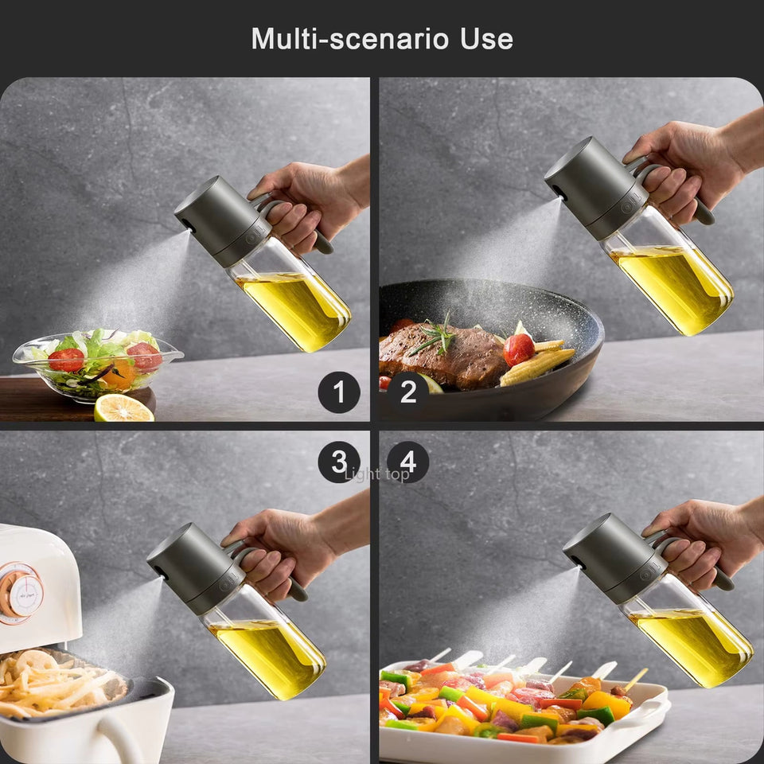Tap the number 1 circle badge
(339, 392)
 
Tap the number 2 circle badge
(407, 392)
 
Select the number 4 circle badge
(407, 462)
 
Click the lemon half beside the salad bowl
(123, 408)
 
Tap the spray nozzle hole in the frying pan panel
(554, 191)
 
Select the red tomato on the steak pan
(518, 349)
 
